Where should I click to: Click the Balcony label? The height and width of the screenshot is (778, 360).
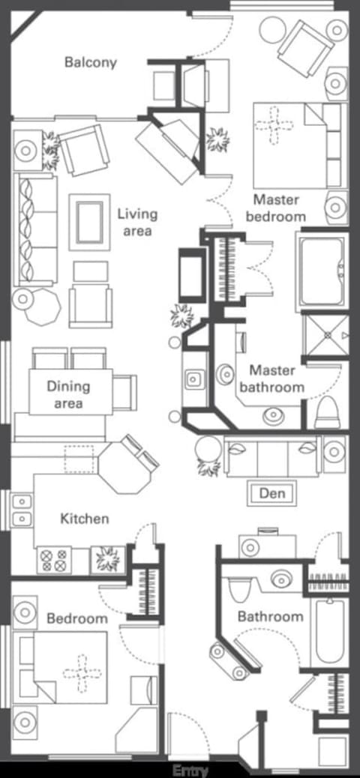click(x=90, y=62)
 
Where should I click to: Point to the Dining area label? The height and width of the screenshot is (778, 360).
click(x=68, y=394)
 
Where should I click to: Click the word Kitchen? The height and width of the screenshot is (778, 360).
click(x=84, y=518)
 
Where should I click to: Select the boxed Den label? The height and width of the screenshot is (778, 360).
click(x=271, y=493)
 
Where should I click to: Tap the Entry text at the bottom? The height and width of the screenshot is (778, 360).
click(x=190, y=770)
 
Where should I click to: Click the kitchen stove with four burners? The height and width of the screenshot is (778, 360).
click(x=54, y=558)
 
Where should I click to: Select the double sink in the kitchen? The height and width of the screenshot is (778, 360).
click(x=22, y=510)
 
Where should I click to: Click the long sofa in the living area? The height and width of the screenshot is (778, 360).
click(x=35, y=229)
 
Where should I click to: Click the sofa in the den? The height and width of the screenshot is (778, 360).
click(x=272, y=456)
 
